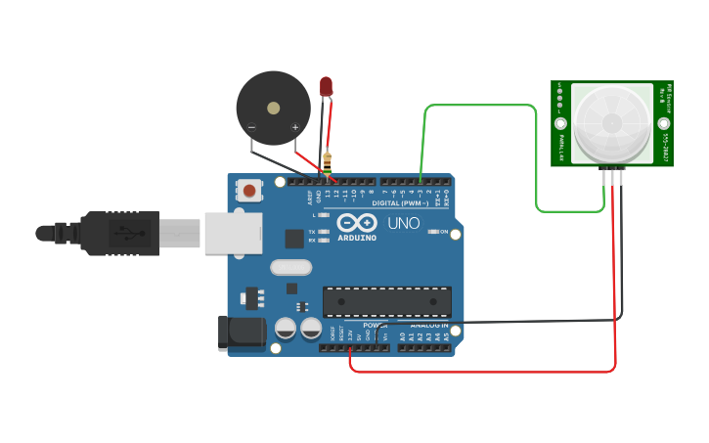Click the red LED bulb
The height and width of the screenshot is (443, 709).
tap(326, 87)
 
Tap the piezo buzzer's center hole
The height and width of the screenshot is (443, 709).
tap(274, 108)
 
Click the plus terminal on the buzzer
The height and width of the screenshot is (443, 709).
tap(294, 127)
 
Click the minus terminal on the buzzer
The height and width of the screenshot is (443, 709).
tap(252, 127)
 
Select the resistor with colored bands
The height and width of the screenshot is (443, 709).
tap(327, 162)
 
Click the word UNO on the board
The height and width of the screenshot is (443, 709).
tap(403, 223)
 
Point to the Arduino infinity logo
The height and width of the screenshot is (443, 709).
tap(357, 223)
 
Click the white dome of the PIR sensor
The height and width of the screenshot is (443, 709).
tap(612, 122)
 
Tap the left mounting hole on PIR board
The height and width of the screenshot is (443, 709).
tap(560, 124)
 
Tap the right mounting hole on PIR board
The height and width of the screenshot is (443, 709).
tap(664, 124)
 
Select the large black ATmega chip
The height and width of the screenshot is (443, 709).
tap(386, 302)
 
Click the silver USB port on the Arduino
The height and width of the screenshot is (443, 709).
tap(233, 234)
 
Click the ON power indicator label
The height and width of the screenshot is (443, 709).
tap(443, 232)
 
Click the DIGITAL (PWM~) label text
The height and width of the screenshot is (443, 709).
tap(400, 203)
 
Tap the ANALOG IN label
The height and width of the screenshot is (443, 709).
tap(428, 325)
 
